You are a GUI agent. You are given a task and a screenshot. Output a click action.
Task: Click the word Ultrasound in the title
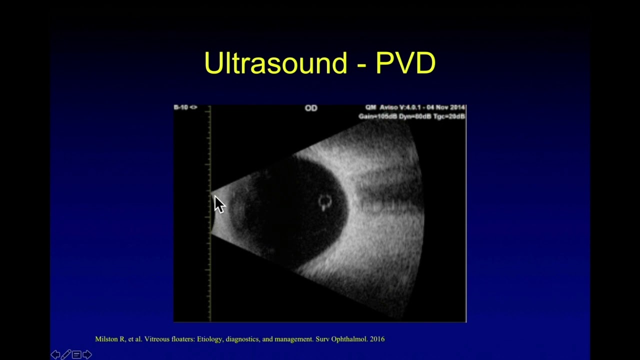(275, 63)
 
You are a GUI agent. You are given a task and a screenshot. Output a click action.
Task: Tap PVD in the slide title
(405, 63)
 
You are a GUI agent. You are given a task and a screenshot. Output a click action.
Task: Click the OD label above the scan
(311, 108)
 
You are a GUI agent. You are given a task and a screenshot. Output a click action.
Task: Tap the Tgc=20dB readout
(449, 116)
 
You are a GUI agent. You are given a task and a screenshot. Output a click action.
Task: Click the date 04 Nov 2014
(446, 107)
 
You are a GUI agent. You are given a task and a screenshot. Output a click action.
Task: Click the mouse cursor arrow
(219, 204)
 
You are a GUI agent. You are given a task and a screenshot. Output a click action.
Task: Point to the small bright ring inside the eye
(325, 201)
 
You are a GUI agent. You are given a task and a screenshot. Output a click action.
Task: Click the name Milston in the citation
(107, 339)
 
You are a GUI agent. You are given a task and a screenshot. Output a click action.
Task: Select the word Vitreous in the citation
(156, 339)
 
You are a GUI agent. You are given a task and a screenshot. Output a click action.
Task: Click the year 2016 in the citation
(377, 339)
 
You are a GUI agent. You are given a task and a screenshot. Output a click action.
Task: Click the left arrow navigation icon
(55, 354)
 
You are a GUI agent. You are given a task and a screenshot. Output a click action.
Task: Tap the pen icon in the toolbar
(66, 354)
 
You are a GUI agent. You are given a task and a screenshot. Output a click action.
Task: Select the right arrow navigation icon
(87, 354)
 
